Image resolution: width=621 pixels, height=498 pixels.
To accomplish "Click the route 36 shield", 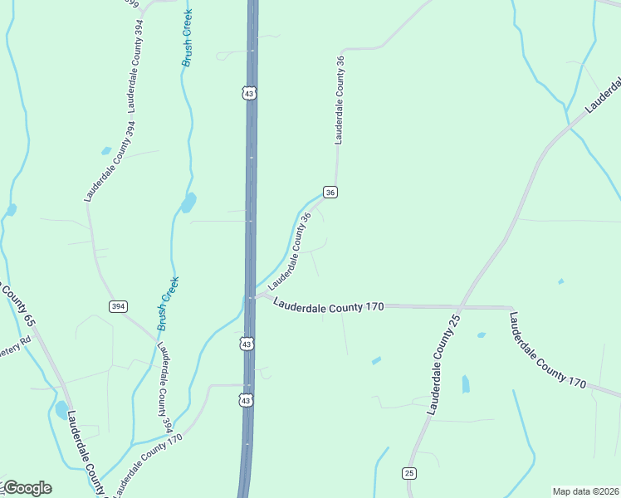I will pos(330,193).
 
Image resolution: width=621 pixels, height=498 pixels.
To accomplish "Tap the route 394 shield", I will pos(118,306).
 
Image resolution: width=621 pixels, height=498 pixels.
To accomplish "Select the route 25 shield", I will pos(409,473).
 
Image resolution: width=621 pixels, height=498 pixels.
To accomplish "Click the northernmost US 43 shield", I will pos(250,94).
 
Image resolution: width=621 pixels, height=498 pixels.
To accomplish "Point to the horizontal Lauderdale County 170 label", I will pos(328,305).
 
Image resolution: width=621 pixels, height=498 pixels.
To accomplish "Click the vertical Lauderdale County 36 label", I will pos(340,100).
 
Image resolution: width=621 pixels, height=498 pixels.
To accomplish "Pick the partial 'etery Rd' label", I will pos(14,344).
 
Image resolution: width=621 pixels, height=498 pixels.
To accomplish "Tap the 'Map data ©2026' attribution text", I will pos(584,491).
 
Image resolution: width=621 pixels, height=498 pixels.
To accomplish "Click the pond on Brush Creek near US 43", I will pos(188,203).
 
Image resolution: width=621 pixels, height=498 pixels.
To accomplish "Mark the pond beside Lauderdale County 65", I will pos(61,410).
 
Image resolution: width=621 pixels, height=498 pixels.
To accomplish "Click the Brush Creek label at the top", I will pos(189,39).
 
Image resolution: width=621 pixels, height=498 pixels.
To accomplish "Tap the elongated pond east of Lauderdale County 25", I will pos(465,383).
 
